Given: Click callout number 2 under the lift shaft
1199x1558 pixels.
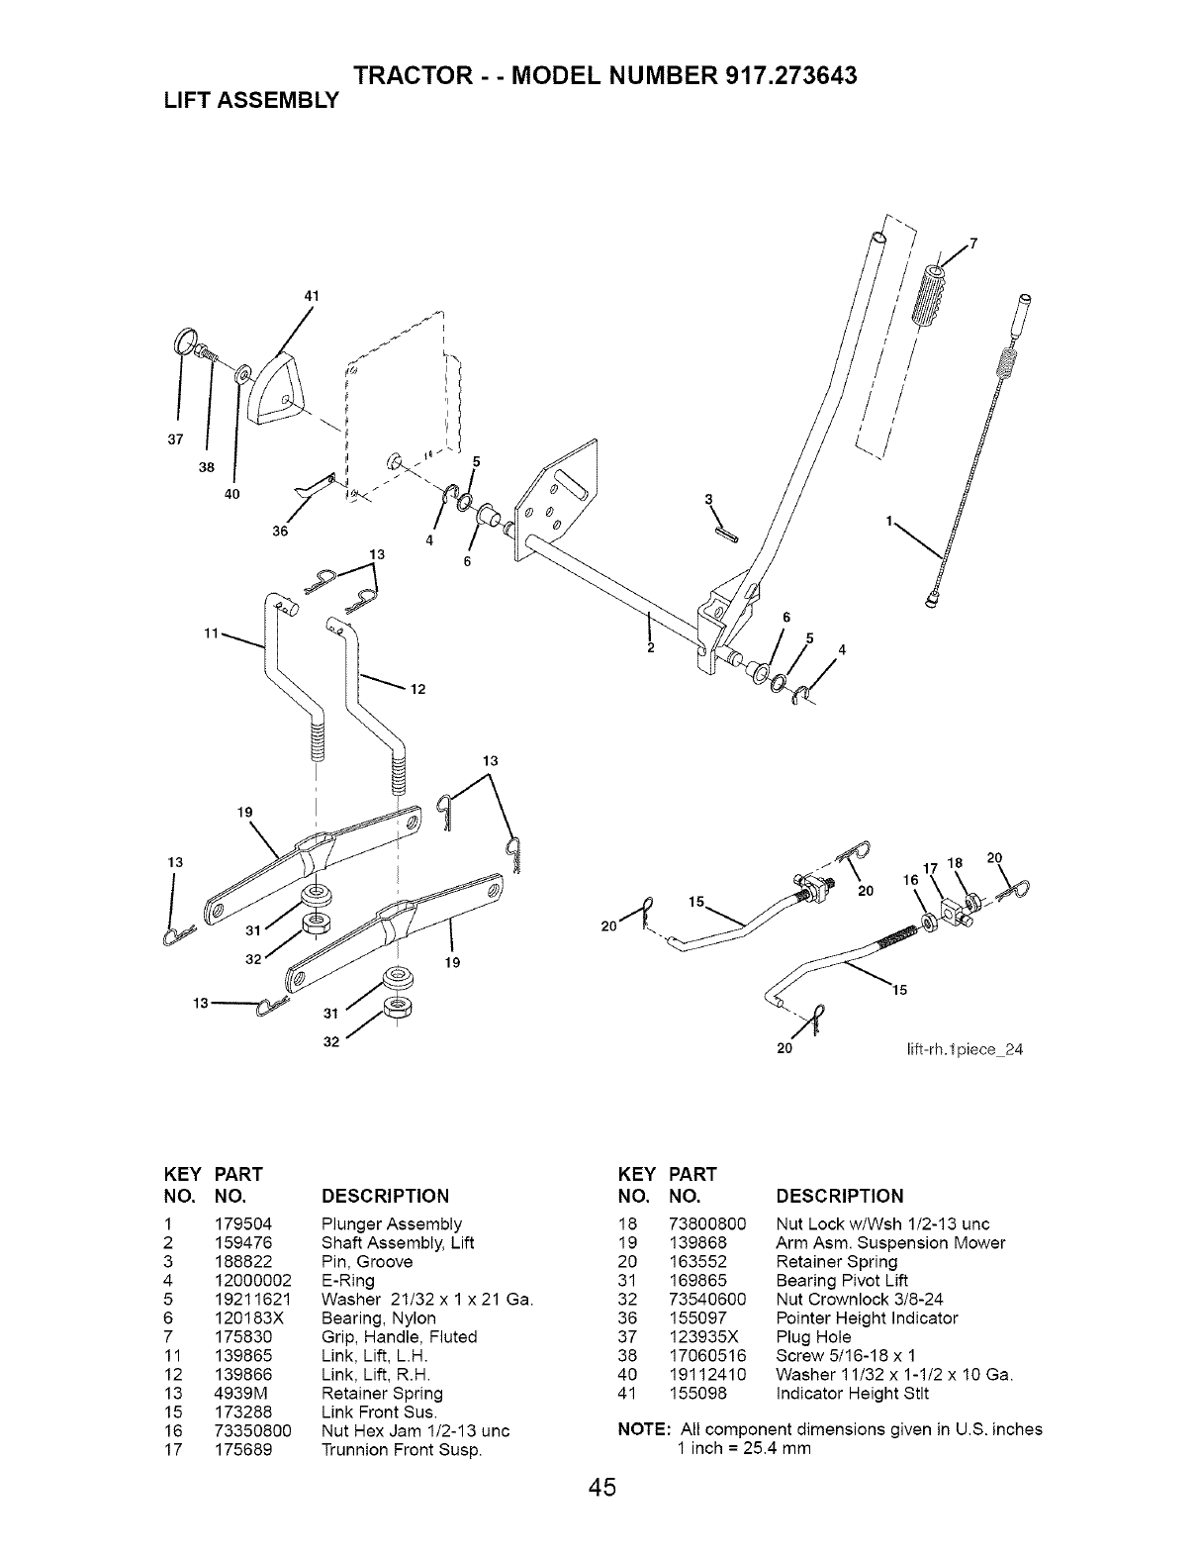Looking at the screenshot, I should pyautogui.click(x=650, y=648).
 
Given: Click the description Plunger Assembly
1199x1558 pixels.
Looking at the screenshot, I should pyautogui.click(x=392, y=1224).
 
